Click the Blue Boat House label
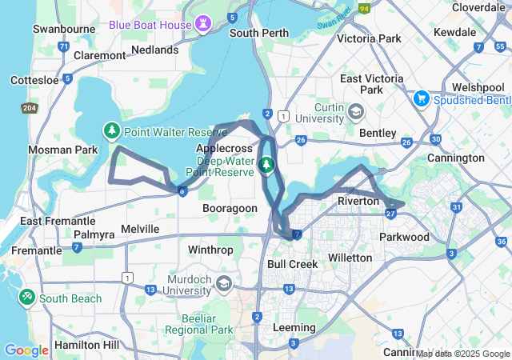point(150,25)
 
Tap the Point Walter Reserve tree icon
point(112,130)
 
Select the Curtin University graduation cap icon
point(355,110)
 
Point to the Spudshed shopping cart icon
point(422,99)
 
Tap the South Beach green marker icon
point(26,298)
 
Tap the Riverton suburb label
point(358,201)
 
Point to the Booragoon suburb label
point(230,208)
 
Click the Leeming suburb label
point(294,328)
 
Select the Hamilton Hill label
point(88,345)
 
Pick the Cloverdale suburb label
point(477,6)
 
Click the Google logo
point(26,350)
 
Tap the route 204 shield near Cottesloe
point(30,108)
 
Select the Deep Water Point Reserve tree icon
point(267,166)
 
